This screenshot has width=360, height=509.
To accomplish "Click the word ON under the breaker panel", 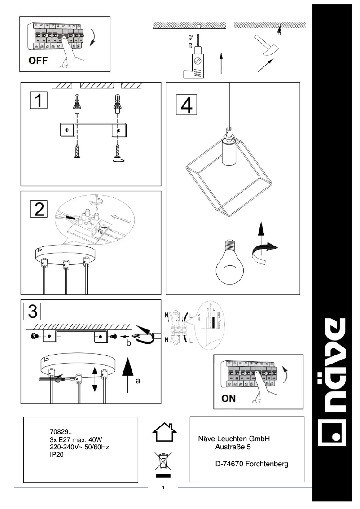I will (x=228, y=398).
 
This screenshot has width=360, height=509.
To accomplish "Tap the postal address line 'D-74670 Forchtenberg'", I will (x=251, y=464).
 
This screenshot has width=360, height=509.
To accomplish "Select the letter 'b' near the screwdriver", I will (x=128, y=343).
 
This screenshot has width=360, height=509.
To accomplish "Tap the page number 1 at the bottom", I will (x=163, y=487).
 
